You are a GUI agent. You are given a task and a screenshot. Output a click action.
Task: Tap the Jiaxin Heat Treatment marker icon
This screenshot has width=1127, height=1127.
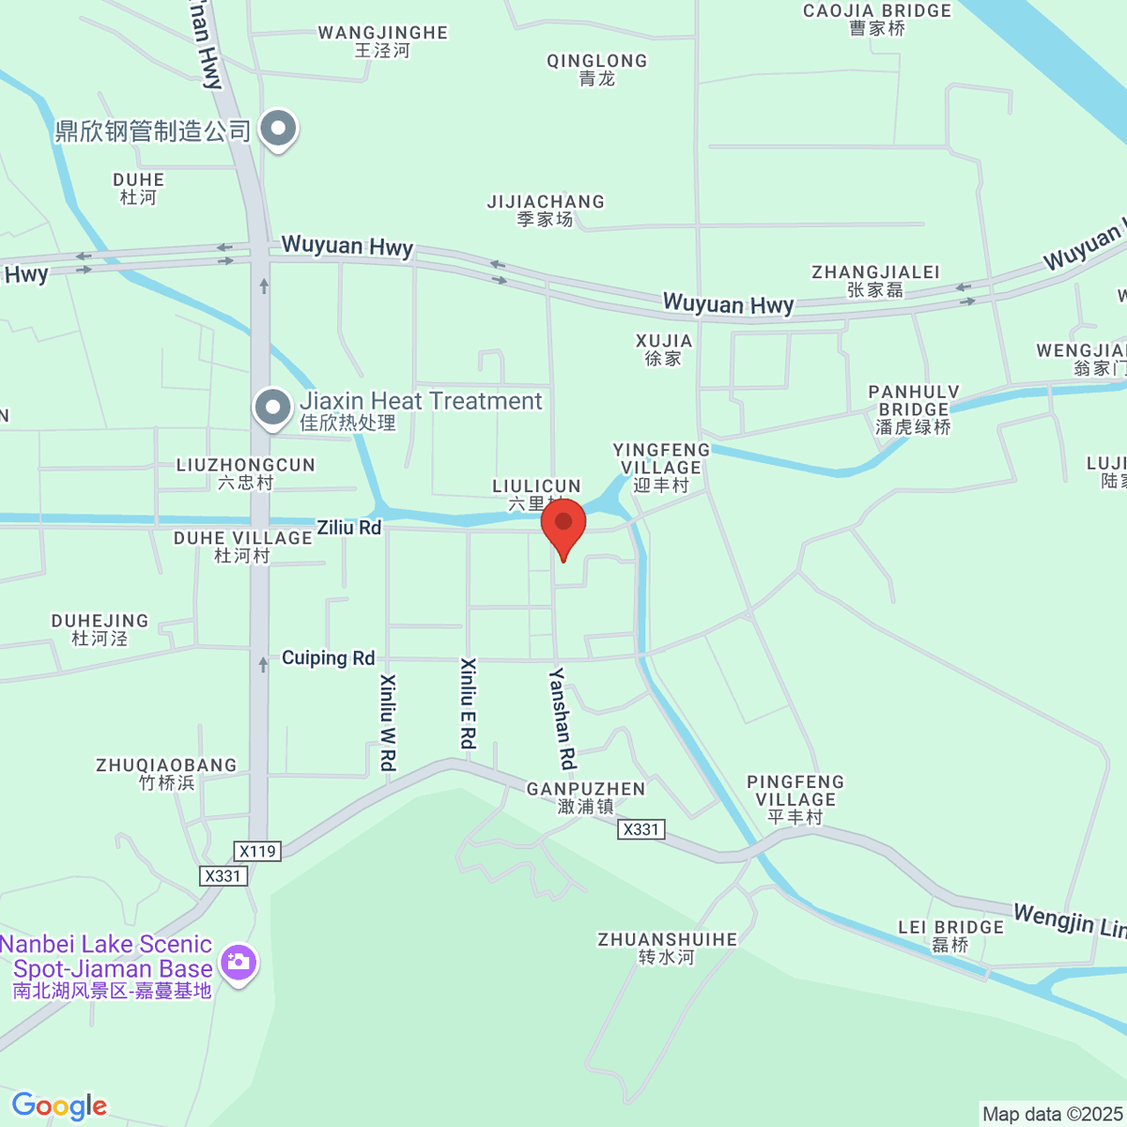coord(273,409)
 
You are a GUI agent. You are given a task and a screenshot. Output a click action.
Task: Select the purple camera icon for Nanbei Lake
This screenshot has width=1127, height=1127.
coord(239,962)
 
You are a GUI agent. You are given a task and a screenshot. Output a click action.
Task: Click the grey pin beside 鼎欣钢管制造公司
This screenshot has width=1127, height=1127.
coord(278,128)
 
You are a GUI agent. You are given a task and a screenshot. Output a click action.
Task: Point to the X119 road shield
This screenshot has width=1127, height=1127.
coord(257,851)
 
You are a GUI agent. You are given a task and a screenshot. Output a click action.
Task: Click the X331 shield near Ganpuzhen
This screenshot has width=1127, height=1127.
coord(641,829)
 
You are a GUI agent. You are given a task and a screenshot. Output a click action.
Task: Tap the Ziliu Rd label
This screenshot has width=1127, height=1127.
coord(348,528)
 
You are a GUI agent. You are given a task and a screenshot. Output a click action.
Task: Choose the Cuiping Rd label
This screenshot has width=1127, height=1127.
coord(328,658)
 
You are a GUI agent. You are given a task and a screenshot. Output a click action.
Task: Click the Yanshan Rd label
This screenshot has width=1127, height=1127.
coord(562,718)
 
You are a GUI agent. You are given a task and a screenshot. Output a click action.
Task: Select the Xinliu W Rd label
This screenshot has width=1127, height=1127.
coord(387,722)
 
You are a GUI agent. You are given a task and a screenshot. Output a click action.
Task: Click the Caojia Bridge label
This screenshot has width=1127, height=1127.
coord(876,20)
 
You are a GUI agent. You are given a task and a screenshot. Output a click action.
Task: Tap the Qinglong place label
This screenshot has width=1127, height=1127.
coord(596,69)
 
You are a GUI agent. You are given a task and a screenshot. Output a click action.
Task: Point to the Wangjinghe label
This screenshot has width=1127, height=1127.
coord(382,41)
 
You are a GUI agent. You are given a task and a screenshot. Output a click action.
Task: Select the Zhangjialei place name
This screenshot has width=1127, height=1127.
coord(875,281)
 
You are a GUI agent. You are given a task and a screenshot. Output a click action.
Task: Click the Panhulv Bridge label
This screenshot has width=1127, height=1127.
coord(913,409)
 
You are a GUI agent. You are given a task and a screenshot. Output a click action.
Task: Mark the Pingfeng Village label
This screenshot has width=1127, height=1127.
coord(795,799)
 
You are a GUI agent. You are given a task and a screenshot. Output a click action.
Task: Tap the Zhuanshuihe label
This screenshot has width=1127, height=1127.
coord(667,948)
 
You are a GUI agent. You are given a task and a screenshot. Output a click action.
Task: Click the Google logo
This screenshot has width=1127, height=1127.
coord(59,1105)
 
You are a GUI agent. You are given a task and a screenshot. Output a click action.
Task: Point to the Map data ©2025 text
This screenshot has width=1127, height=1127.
coord(1052,1114)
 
